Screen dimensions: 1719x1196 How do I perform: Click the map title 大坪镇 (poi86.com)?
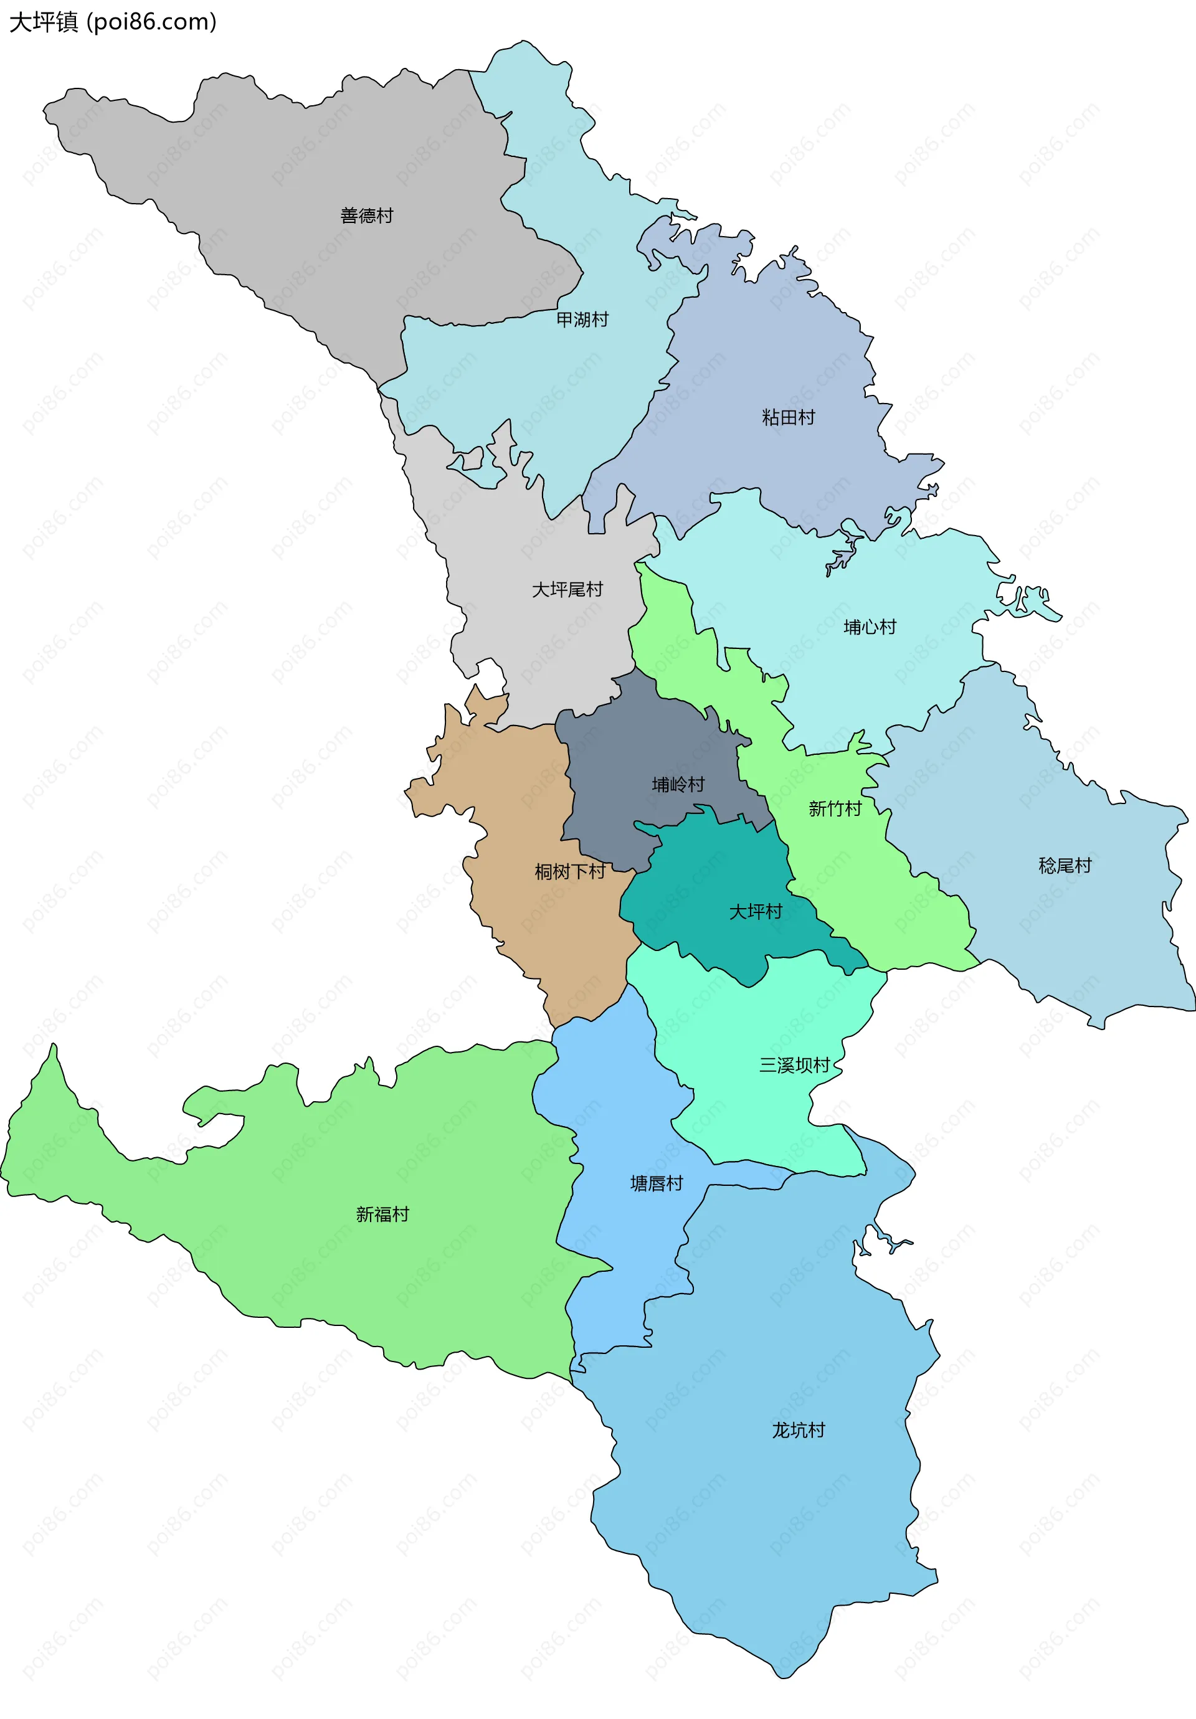click(112, 22)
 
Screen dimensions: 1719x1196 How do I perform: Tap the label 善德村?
click(366, 216)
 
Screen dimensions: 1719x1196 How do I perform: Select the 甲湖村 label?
click(582, 320)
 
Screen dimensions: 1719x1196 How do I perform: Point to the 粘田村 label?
click(788, 418)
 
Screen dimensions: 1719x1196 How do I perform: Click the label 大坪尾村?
click(567, 590)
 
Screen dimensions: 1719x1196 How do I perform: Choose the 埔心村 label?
click(870, 627)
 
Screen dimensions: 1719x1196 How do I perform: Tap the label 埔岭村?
click(678, 785)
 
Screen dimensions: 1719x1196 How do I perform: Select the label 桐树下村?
click(570, 871)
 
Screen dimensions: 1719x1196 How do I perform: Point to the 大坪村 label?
click(756, 912)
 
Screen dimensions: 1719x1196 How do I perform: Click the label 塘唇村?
click(657, 1184)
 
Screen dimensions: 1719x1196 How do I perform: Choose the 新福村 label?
click(382, 1215)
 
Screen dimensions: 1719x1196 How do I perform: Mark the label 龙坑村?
click(799, 1431)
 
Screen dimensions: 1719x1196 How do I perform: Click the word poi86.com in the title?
click(151, 22)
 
